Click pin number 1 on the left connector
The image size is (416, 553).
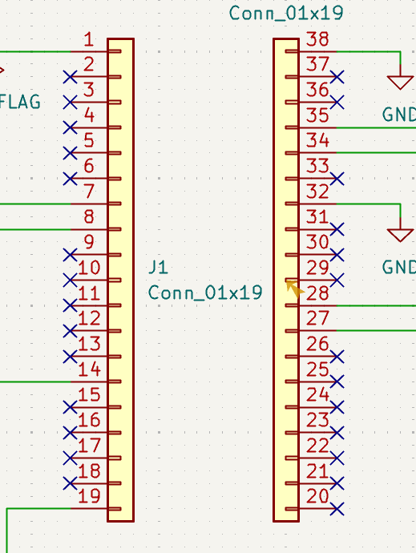[89, 39]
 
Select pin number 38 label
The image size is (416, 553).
[317, 39]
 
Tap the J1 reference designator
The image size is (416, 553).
[159, 268]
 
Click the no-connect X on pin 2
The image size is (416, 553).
[71, 77]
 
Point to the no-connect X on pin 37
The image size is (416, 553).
[337, 77]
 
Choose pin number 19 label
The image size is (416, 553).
[89, 496]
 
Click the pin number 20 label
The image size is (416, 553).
[317, 496]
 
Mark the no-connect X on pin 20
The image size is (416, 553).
[337, 509]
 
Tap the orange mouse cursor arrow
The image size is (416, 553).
[295, 289]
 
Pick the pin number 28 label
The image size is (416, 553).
[317, 293]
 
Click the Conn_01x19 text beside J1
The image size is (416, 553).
[205, 293]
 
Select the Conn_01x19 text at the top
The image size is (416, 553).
[286, 13]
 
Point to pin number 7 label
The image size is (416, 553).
[89, 192]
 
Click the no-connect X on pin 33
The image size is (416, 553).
[337, 179]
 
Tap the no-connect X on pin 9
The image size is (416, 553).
[71, 255]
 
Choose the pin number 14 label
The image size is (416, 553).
[89, 369]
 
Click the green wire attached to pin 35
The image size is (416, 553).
[376, 127]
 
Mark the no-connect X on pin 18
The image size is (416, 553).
[71, 483]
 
